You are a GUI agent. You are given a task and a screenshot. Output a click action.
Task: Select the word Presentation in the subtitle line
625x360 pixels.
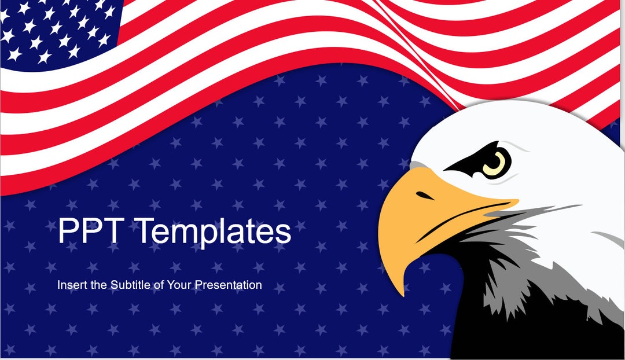point(228,285)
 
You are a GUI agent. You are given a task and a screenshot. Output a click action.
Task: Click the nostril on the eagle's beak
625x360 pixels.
point(425,197)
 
